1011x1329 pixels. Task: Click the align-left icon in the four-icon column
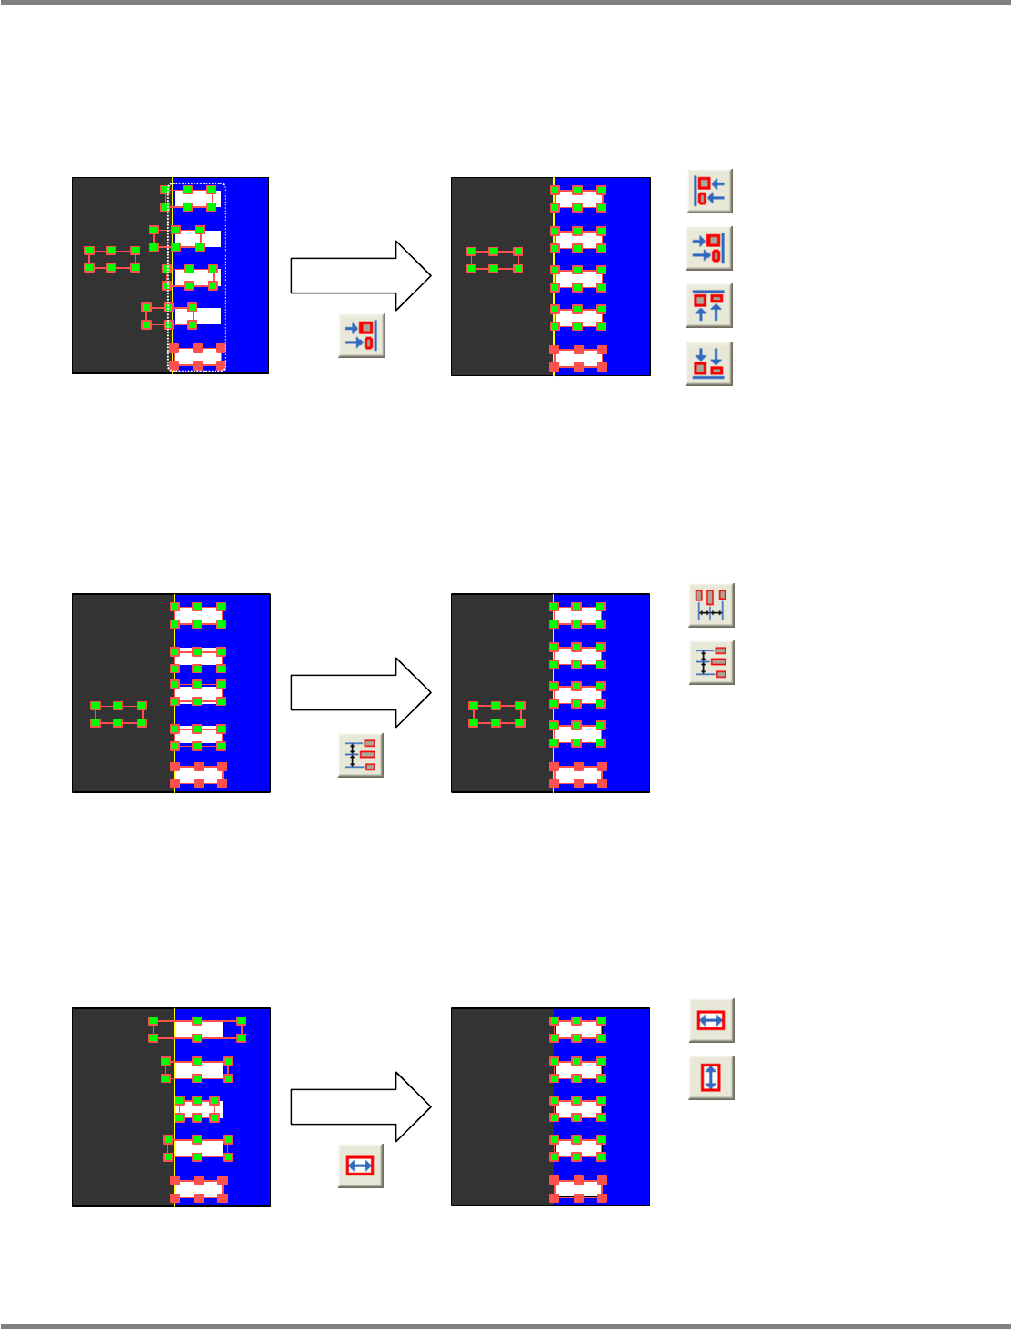click(x=710, y=191)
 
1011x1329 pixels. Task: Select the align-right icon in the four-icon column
click(x=710, y=248)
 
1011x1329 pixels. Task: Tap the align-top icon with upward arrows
click(x=710, y=305)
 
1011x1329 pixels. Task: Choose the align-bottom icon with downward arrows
click(x=710, y=363)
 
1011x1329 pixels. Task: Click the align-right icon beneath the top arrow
click(x=362, y=335)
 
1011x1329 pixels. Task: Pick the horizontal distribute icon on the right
click(x=711, y=605)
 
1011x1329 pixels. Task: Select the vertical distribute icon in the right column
click(x=711, y=662)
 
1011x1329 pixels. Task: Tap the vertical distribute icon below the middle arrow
click(x=361, y=755)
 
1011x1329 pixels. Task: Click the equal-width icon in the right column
click(x=711, y=1020)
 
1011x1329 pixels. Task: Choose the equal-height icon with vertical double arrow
click(x=711, y=1077)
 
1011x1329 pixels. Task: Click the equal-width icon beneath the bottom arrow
click(x=361, y=1165)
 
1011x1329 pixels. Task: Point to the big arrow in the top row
click(x=361, y=276)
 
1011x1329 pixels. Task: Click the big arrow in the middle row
click(x=361, y=692)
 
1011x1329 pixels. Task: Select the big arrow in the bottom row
click(x=361, y=1106)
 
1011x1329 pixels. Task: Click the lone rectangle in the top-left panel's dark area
click(x=112, y=259)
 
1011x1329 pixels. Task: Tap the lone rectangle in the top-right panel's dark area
click(x=495, y=260)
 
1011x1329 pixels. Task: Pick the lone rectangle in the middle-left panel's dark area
click(x=118, y=714)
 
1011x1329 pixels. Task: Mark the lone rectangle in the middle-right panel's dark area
click(x=496, y=714)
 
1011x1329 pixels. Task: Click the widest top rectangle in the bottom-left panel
click(x=197, y=1029)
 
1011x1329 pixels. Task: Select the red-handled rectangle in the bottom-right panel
click(x=577, y=1188)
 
